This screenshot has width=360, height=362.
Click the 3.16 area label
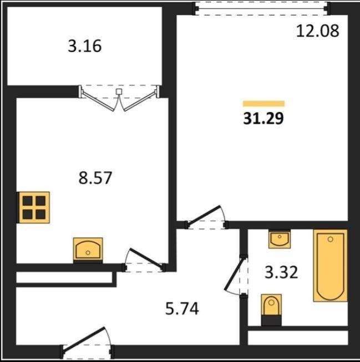click(84, 45)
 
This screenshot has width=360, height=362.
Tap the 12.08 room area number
click(318, 30)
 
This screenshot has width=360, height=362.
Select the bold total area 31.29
click(263, 119)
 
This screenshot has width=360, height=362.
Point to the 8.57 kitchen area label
click(95, 177)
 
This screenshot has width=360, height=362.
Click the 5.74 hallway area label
click(182, 309)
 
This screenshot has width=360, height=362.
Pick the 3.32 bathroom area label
click(281, 272)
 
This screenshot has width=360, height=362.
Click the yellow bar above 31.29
click(263, 104)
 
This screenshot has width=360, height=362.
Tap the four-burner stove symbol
click(34, 207)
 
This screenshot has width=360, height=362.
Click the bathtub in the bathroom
click(330, 266)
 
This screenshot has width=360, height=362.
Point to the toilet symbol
click(271, 309)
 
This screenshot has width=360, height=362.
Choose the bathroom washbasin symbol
click(280, 239)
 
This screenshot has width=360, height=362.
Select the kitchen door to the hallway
click(144, 261)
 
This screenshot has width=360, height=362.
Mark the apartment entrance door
click(87, 343)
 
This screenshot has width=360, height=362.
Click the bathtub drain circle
click(331, 239)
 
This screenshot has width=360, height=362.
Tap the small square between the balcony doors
click(119, 91)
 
